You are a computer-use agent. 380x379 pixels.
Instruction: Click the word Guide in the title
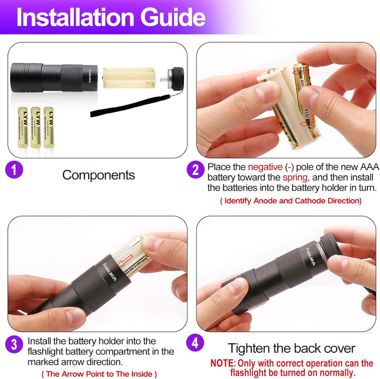171,17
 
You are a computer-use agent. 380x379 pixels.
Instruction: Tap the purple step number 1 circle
14,171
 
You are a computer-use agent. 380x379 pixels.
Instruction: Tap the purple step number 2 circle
195,170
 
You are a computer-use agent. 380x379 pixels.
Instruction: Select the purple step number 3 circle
14,345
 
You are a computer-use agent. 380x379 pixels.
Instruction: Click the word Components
99,175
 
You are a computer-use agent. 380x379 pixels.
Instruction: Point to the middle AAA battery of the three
35,127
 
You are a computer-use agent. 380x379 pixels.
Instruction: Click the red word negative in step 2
264,167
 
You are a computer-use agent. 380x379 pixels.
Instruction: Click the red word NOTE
223,363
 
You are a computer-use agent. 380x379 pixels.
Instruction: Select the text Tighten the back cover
291,348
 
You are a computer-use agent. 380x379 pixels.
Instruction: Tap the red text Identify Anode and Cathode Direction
290,201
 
